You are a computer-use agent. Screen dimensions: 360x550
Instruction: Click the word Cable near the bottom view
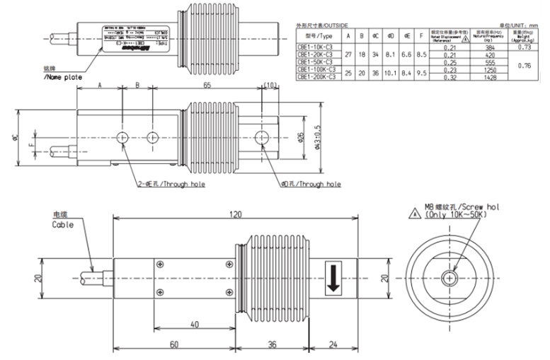(63, 224)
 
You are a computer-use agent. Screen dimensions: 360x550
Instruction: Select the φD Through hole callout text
(311, 184)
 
